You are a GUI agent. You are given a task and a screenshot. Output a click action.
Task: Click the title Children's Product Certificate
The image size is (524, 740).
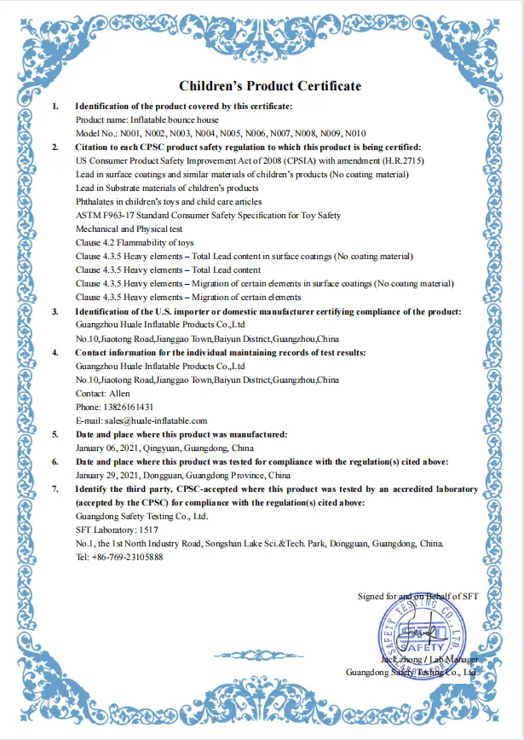tap(269, 86)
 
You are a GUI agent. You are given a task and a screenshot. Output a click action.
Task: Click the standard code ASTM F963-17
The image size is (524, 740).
tap(107, 215)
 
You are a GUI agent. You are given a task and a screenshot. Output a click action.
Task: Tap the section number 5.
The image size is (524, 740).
tap(56, 434)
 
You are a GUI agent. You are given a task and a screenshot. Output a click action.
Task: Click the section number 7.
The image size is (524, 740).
tap(56, 489)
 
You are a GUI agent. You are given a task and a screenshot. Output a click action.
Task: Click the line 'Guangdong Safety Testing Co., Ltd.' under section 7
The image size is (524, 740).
tap(141, 516)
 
